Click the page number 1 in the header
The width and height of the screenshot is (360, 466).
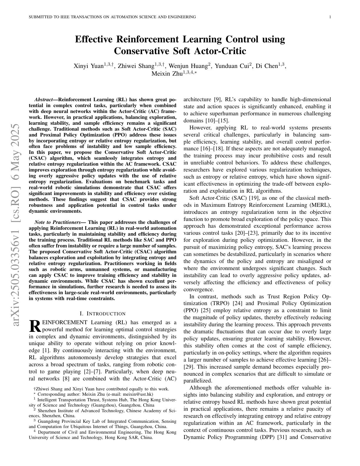pyautogui.click(x=330, y=17)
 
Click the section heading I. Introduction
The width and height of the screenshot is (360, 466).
pyautogui.click(x=103, y=314)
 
